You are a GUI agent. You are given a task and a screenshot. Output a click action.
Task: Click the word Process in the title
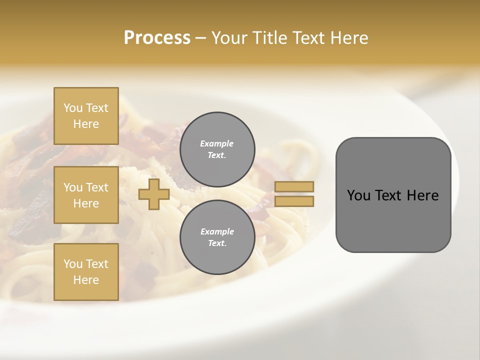(157, 38)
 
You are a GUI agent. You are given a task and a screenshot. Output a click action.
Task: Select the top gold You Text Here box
(86, 116)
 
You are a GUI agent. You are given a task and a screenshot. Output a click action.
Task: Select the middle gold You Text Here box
(86, 195)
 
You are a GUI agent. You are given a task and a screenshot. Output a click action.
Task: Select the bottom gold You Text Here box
(86, 271)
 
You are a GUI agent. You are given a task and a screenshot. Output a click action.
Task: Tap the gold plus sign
(153, 194)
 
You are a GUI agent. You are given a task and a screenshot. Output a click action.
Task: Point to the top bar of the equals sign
(294, 187)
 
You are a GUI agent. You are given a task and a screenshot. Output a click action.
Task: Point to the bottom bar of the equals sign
(294, 201)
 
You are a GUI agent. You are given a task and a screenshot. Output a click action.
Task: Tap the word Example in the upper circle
(217, 144)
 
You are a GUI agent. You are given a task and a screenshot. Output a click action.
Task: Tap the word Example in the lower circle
(217, 232)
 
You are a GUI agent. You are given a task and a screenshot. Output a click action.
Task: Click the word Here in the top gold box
(86, 124)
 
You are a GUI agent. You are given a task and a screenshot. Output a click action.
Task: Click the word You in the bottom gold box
(73, 264)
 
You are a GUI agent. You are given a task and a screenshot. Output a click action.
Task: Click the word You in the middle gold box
(73, 187)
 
